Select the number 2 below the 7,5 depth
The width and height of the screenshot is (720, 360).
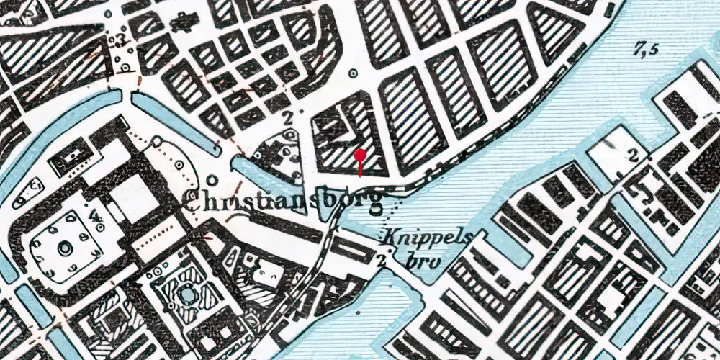click(x=634, y=155)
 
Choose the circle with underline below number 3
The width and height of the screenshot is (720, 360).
click(x=127, y=67)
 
